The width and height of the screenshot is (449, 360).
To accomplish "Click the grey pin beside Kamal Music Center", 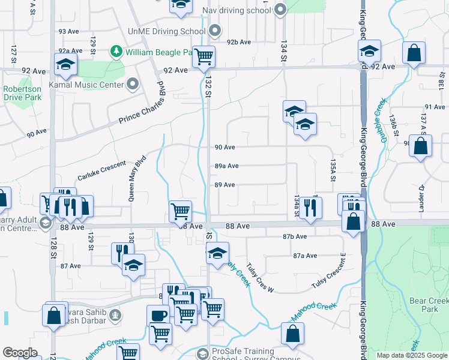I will pyautogui.click(x=133, y=84).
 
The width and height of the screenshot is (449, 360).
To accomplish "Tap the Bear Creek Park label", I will pyautogui.click(x=427, y=304).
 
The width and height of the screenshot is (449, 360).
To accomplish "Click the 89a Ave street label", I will pyautogui.click(x=226, y=166).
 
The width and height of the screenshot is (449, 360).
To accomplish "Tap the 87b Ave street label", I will pyautogui.click(x=295, y=236).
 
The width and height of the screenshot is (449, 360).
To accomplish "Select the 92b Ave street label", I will pyautogui.click(x=238, y=41).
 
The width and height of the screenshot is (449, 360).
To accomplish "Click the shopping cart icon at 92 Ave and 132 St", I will pyautogui.click(x=203, y=56).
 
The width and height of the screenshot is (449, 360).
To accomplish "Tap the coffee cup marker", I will pyautogui.click(x=158, y=315).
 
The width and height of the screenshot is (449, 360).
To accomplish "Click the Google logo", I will pyautogui.click(x=20, y=353).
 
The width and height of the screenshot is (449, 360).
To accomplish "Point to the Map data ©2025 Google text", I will pyautogui.click(x=411, y=355).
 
